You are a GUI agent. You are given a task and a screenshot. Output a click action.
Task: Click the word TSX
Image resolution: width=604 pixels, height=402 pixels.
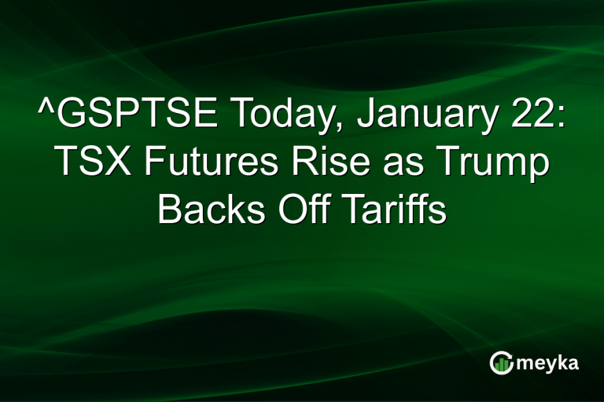[84, 165]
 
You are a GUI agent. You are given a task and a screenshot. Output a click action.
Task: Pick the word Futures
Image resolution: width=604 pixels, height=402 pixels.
[193, 165]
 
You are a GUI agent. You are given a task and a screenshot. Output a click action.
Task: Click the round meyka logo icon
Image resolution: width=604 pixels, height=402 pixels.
[500, 363]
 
